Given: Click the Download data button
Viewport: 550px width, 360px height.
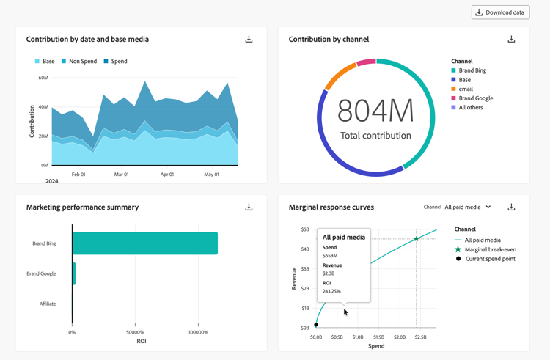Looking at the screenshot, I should click(500, 12).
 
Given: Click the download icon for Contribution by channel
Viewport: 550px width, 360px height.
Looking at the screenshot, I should click(511, 39).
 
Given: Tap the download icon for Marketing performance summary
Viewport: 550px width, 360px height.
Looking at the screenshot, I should click(249, 207).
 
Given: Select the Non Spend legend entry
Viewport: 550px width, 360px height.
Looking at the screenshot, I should click(79, 62).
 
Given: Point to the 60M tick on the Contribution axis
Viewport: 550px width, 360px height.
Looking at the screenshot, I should click(43, 78).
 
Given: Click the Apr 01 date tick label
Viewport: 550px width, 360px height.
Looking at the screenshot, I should click(167, 175).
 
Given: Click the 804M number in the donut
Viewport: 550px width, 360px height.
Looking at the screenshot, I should click(375, 111).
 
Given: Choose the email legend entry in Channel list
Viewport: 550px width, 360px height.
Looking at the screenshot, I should click(465, 89).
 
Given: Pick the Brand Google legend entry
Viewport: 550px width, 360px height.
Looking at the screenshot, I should click(475, 98).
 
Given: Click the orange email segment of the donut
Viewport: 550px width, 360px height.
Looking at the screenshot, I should click(339, 76).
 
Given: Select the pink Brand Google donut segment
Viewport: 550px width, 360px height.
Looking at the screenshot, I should click(366, 62).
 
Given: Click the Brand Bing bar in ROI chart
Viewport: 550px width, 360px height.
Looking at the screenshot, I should click(144, 243).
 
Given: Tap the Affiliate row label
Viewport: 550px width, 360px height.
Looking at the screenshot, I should click(48, 304).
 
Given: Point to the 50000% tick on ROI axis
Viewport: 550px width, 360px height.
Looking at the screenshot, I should click(135, 332).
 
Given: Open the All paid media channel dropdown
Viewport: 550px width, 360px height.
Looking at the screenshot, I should click(468, 207).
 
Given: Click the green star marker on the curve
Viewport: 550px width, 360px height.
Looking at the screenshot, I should click(417, 239).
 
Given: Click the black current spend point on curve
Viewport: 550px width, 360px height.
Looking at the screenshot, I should click(316, 325).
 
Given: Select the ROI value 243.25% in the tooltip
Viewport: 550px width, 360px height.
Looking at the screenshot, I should click(331, 291).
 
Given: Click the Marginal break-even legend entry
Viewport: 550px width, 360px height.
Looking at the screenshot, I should click(490, 249).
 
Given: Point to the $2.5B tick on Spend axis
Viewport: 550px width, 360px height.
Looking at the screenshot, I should click(420, 337).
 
